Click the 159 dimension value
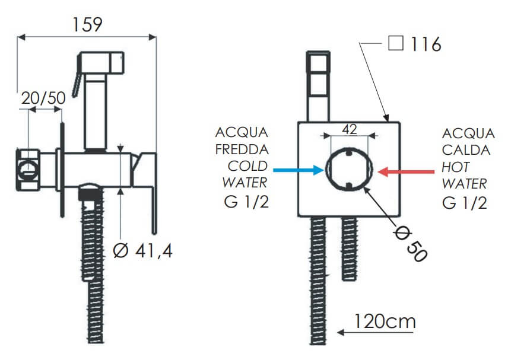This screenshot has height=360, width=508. tap(87, 24)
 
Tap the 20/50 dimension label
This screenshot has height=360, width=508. tap(43, 98)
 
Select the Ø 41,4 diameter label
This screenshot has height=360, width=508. tap(142, 250)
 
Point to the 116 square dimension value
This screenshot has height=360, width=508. tap(426, 44)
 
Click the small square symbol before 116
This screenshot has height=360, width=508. tap(396, 43)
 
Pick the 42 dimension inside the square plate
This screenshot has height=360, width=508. tap(349, 129)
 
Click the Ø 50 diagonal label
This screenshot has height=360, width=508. tap(410, 243)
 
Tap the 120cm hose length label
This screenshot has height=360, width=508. tap(385, 321)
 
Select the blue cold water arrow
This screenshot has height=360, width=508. tap(299, 170)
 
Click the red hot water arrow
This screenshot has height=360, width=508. tap(406, 171)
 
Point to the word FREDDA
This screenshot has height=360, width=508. tap(242, 149)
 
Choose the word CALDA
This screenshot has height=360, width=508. tap(466, 150)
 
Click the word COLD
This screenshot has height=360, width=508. tap(247, 167)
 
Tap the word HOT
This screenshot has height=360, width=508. tap(455, 167)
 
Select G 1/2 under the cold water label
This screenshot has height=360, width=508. tap(246, 202)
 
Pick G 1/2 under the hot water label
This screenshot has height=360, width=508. tap(465, 203)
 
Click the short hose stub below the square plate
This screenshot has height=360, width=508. tap(349, 249)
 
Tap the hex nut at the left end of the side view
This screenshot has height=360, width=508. tap(28, 170)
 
